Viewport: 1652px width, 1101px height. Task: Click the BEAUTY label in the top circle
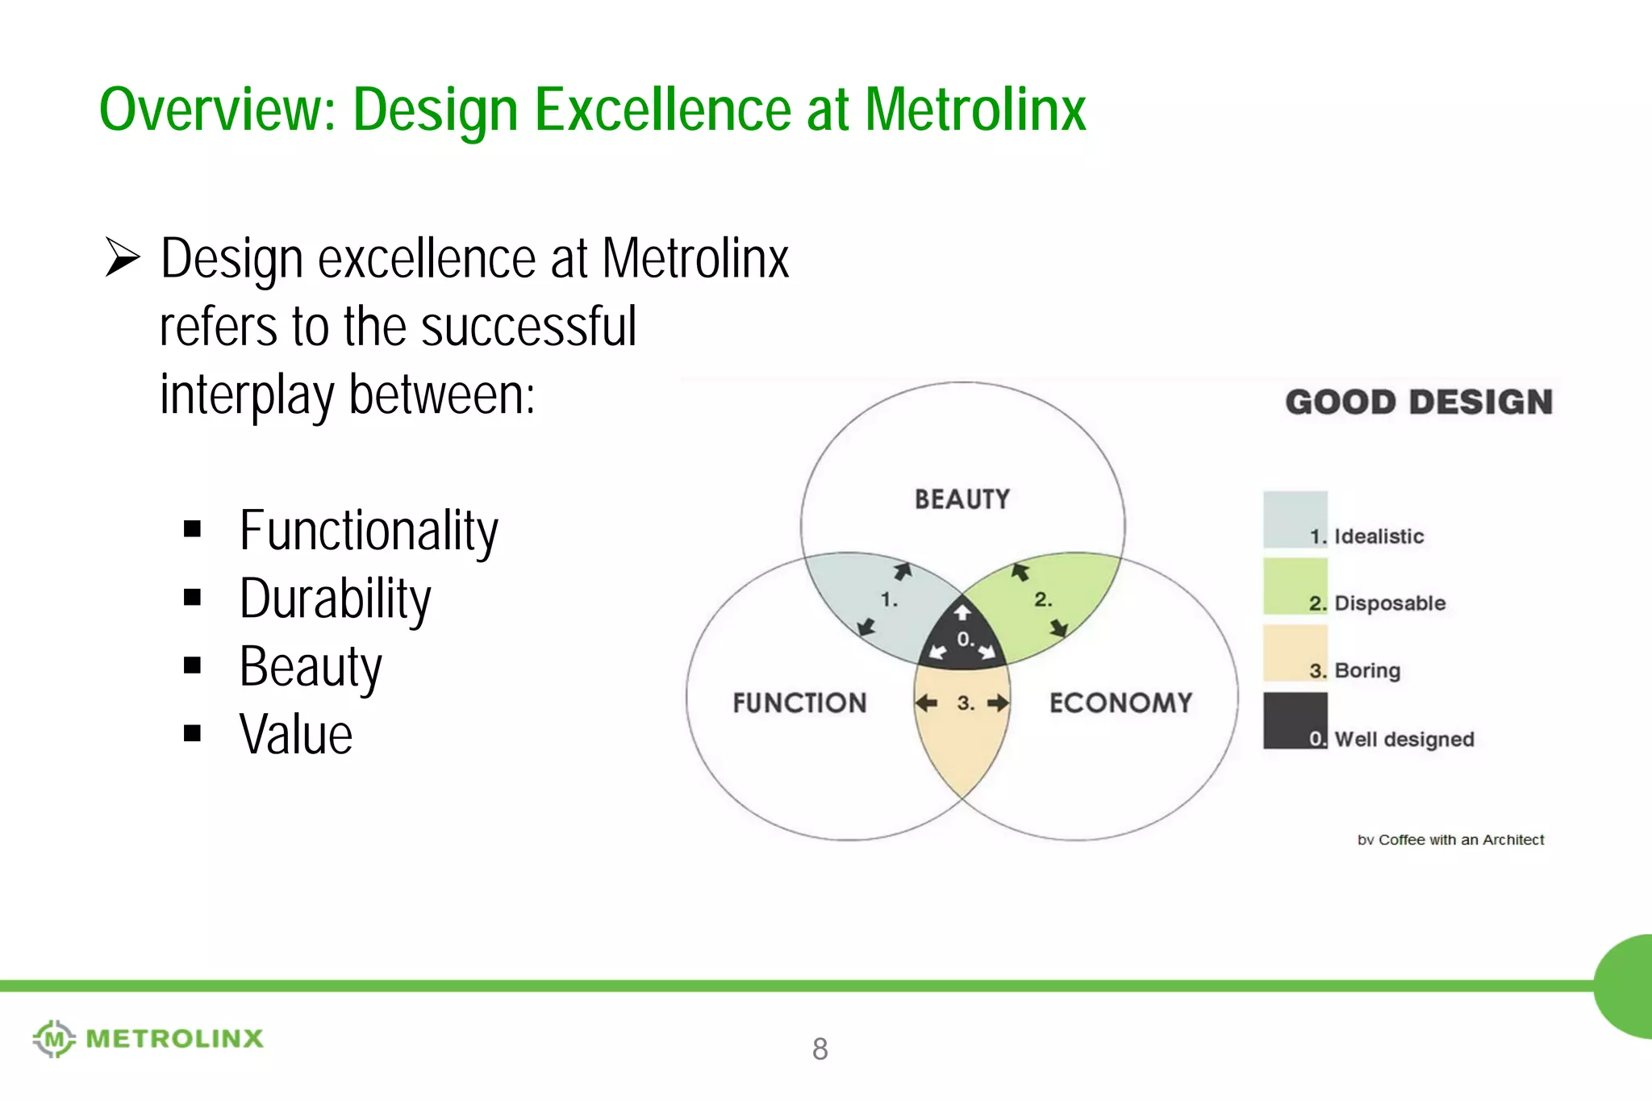(962, 499)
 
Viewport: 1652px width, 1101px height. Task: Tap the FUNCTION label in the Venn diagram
(799, 703)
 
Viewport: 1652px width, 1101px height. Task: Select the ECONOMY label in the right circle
(1120, 703)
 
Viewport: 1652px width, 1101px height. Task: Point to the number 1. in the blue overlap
(889, 600)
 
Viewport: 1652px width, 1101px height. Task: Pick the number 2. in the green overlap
(1043, 599)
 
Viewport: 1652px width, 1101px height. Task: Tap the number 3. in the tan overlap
(966, 703)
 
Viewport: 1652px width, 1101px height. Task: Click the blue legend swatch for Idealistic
(1295, 519)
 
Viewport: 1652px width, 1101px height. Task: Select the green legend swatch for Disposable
(1295, 586)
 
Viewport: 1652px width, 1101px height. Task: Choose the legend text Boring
(1367, 670)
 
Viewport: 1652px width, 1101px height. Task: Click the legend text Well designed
(1404, 739)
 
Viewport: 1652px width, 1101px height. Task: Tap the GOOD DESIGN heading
(1419, 402)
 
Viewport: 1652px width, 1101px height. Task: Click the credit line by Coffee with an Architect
(1450, 840)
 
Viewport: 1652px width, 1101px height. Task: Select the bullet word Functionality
(369, 531)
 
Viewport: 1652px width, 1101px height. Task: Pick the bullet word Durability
(335, 599)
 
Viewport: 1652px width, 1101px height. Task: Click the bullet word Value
(296, 735)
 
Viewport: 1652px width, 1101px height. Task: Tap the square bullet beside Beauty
(192, 665)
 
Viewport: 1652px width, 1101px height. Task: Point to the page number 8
(820, 1049)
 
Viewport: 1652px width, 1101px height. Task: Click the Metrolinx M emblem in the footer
(54, 1038)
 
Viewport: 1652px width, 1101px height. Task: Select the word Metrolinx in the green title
(975, 110)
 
